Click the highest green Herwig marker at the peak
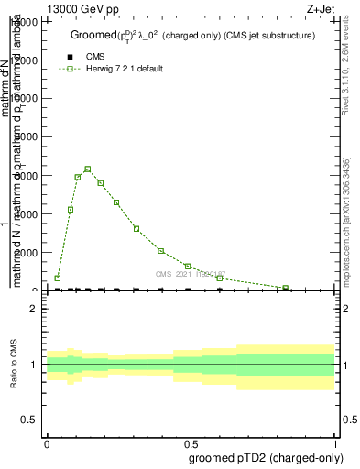[x=88, y=169]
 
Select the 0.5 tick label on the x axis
[x=191, y=442]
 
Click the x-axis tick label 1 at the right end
[x=336, y=442]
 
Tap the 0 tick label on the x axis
[x=47, y=442]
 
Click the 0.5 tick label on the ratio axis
[x=29, y=420]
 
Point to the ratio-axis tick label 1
[x=34, y=365]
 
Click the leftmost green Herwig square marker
[x=58, y=278]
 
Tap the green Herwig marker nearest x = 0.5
[x=188, y=267]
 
